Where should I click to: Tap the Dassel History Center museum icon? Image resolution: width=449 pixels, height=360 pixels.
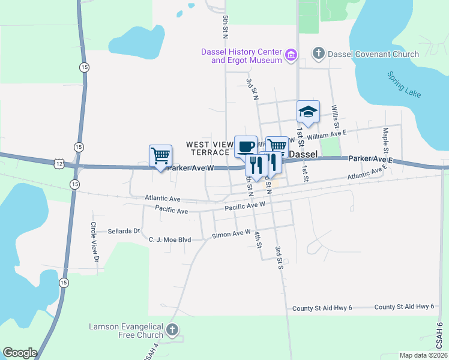coord(292,55)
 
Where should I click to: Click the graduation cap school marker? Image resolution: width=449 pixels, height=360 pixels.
coord(308,111)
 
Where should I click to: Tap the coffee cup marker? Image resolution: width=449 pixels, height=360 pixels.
coord(245,146)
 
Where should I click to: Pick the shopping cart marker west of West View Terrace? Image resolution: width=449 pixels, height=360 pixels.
coord(160,155)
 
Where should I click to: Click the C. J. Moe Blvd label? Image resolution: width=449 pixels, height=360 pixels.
coord(169,239)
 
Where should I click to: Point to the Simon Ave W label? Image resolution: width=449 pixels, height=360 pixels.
coord(231,235)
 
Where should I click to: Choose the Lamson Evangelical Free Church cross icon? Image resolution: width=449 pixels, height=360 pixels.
coord(172,329)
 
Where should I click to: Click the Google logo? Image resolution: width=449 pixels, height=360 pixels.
coord(20,353)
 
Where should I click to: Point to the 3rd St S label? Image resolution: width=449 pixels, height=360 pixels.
coord(279,257)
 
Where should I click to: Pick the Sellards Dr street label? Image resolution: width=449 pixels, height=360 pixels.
coord(123,230)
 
